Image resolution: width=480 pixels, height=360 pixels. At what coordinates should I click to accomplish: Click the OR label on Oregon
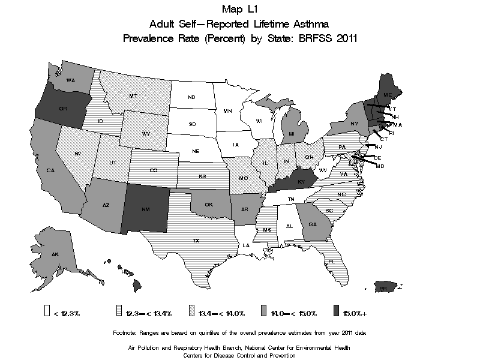(x=62, y=109)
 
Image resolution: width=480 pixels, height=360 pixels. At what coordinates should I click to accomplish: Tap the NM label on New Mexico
(x=146, y=211)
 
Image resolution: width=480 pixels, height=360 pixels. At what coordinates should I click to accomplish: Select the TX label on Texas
(x=196, y=240)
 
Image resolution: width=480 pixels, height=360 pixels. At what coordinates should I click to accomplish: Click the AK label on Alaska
(x=55, y=254)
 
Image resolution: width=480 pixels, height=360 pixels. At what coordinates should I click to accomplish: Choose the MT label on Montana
(x=133, y=96)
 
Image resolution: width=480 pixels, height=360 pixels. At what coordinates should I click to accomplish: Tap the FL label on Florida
(x=331, y=262)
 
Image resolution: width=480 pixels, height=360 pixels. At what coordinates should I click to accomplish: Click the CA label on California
(x=50, y=171)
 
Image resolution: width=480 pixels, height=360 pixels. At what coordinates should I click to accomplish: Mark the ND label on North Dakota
(x=191, y=97)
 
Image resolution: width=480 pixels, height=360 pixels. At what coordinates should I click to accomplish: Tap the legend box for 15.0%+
(x=336, y=312)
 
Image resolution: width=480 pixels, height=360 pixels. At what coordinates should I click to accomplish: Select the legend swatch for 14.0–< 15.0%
(x=263, y=312)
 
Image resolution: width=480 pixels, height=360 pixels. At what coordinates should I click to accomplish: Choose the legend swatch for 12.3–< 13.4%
(x=119, y=312)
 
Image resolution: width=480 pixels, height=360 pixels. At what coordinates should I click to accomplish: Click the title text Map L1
(x=239, y=10)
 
